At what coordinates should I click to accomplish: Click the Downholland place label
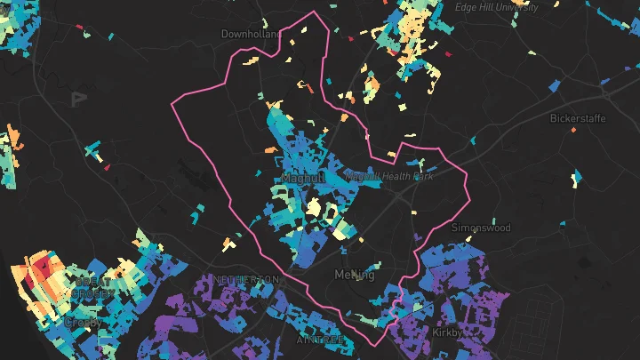250,34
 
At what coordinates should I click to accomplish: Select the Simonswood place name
481,228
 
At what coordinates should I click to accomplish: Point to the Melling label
356,275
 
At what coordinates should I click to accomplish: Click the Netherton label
246,279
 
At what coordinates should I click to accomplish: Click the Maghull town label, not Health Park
300,179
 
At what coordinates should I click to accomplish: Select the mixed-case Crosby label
82,322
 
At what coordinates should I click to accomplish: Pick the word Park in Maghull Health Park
423,177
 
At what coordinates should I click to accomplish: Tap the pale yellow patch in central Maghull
314,209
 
